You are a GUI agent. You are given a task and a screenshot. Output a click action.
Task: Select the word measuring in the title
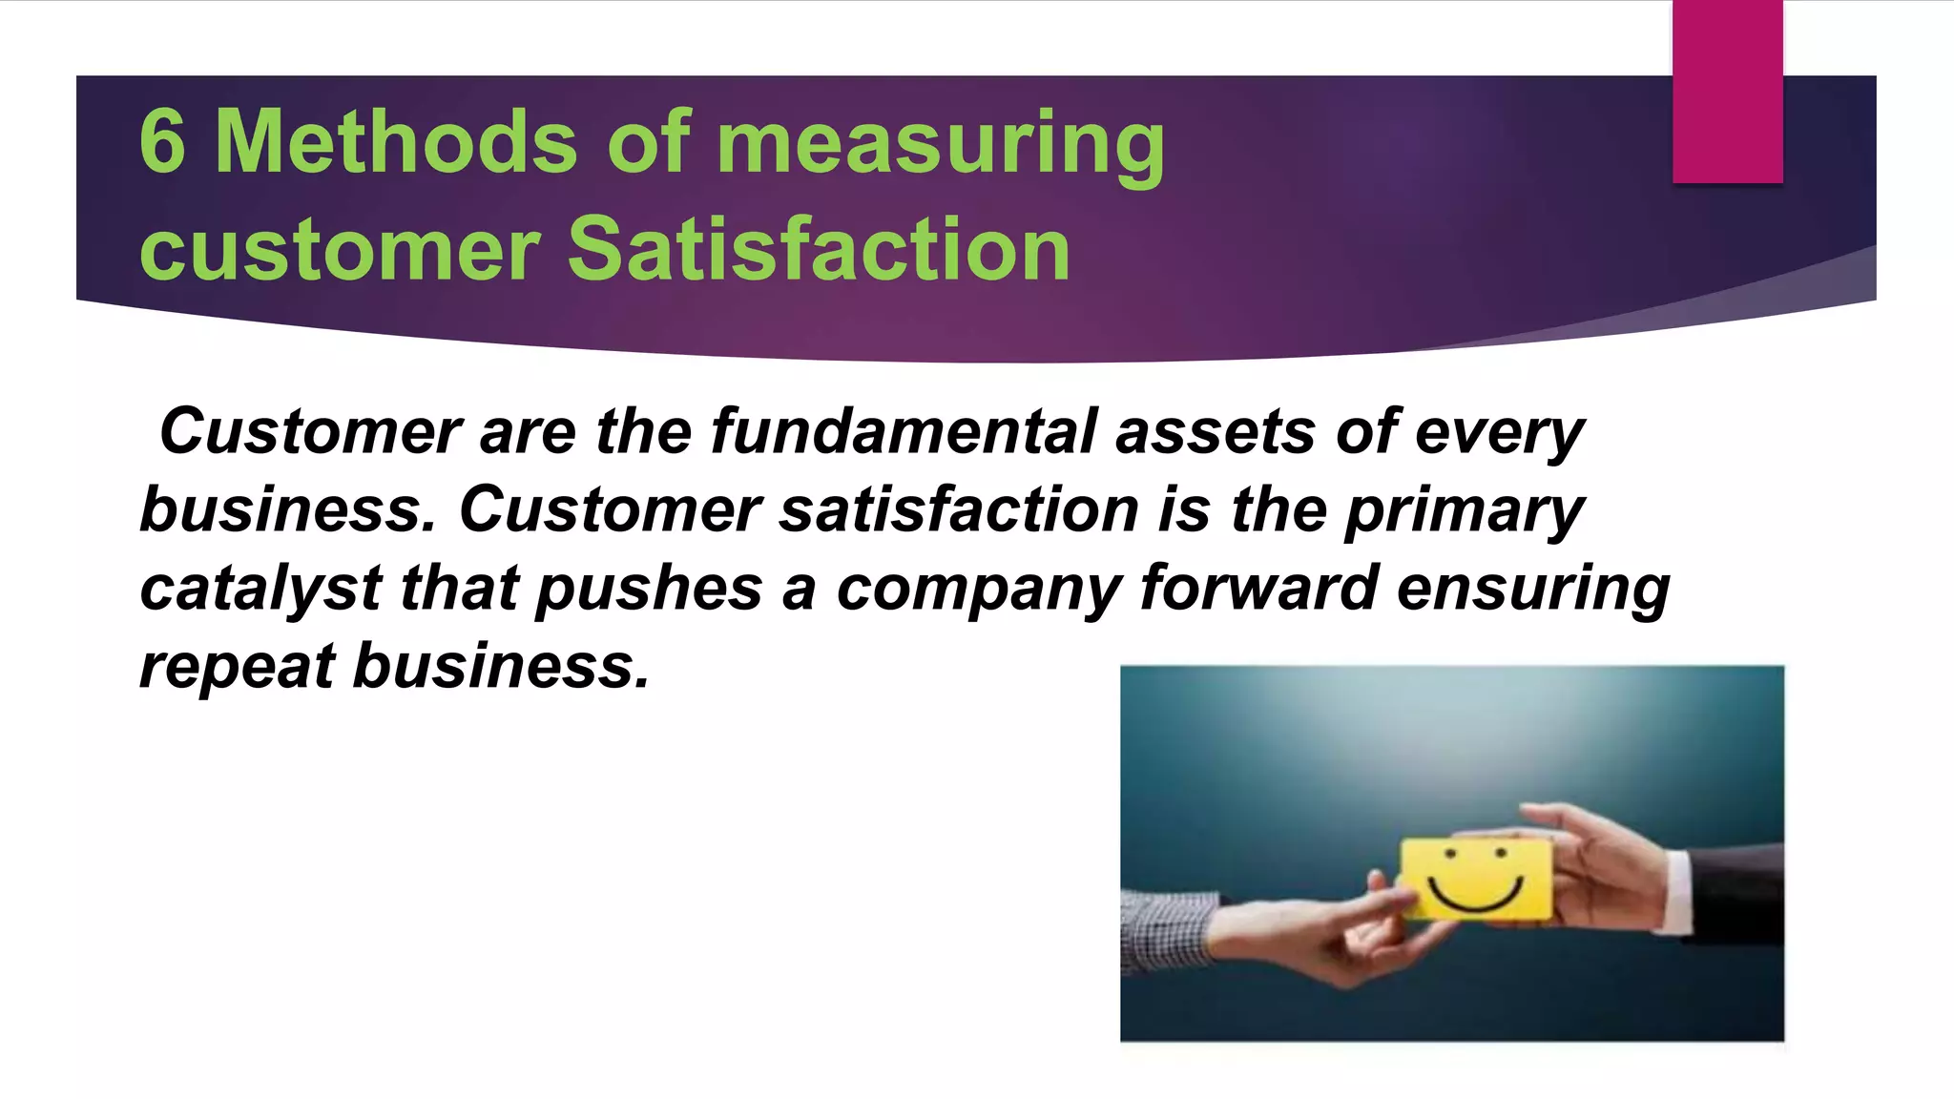tap(940, 145)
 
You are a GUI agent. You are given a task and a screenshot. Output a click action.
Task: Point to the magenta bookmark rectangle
tap(1727, 92)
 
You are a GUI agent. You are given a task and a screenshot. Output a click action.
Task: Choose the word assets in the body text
tap(1216, 431)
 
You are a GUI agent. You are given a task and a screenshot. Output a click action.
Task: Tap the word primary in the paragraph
tap(1465, 511)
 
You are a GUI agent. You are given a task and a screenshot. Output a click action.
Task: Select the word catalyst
tap(260, 590)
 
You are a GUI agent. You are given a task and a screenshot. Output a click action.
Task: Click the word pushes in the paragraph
tap(649, 588)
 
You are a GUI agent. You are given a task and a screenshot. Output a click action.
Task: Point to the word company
tap(978, 590)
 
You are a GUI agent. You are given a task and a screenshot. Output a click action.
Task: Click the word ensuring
tap(1533, 590)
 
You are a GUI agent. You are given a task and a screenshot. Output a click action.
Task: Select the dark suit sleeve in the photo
tap(1732, 892)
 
